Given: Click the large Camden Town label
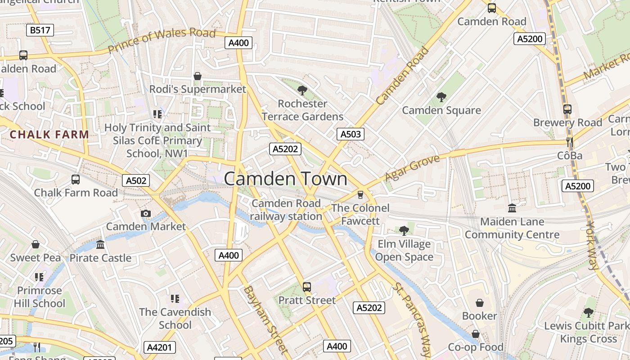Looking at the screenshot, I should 285,179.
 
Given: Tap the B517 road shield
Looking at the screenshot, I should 40,30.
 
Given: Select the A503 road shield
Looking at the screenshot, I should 350,134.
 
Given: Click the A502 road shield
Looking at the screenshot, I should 136,180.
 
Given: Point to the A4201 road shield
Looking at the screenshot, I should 159,347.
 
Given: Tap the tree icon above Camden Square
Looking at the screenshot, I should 441,97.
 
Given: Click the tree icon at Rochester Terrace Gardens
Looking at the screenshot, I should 302,90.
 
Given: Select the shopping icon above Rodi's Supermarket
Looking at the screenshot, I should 197,76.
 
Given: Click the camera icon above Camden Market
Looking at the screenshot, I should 145,213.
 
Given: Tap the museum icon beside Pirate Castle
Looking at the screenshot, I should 100,245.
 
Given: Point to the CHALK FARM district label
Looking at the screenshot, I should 49,134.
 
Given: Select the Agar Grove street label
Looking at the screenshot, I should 412,168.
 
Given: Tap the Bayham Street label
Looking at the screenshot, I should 265,319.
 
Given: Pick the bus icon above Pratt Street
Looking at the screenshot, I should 307,287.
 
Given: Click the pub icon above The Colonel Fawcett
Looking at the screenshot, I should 360,195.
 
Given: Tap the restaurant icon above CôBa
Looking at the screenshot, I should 570,143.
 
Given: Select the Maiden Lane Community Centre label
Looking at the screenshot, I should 512,228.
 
